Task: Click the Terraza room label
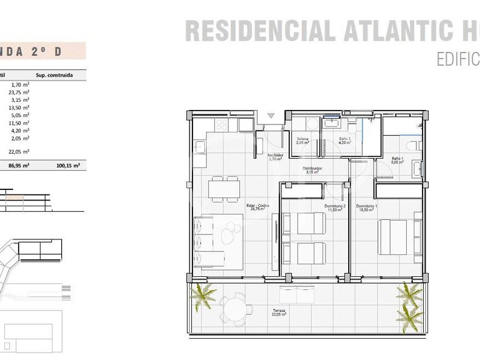click(279, 311)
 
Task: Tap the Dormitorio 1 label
click(366, 207)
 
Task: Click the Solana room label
click(303, 140)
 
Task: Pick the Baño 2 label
click(345, 140)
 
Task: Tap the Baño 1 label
click(397, 160)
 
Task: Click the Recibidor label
click(276, 156)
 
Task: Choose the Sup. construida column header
click(54, 75)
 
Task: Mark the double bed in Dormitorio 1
click(393, 237)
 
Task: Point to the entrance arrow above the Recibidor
click(271, 116)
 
